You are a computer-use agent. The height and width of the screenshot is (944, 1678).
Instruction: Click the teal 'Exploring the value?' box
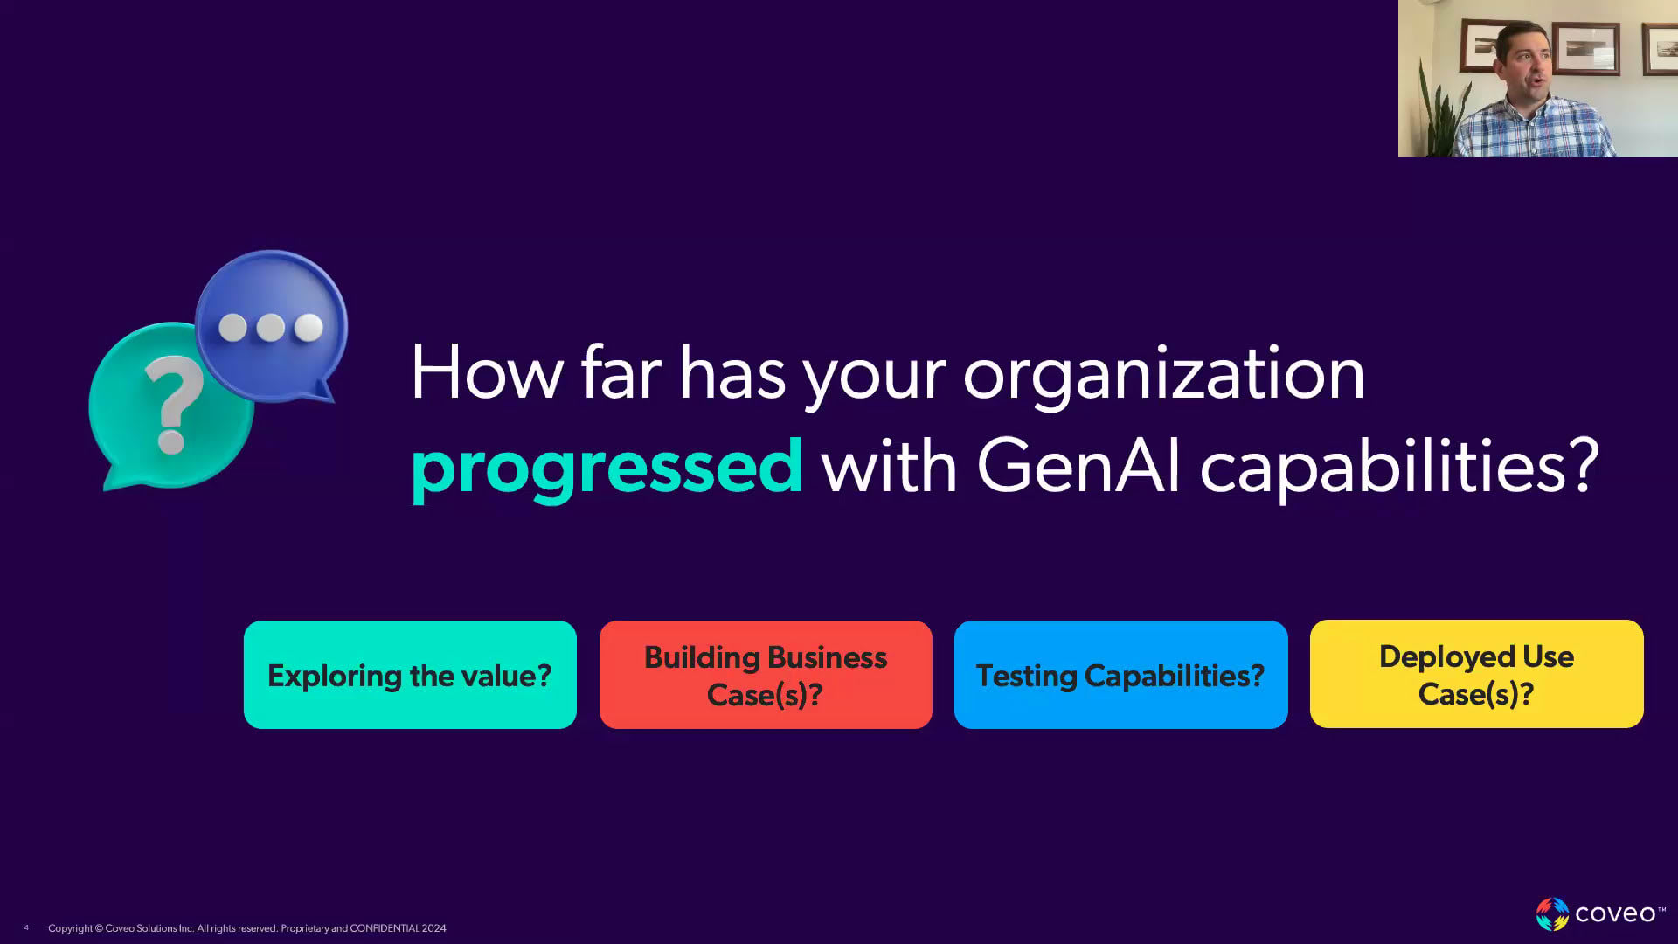(x=410, y=675)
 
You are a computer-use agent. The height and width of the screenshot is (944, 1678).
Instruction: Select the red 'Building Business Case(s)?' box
(x=766, y=675)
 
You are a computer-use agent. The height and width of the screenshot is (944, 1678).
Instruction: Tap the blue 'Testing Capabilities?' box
(x=1120, y=675)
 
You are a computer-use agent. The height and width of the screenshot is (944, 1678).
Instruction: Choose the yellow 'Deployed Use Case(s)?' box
(x=1476, y=674)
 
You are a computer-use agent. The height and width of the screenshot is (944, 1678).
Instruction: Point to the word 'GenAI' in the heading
(x=1078, y=465)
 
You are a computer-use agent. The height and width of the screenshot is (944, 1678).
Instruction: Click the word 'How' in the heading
(x=487, y=372)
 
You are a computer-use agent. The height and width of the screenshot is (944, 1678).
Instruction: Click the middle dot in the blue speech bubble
(x=270, y=328)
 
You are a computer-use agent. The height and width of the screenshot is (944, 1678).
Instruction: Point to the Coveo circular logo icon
(x=1552, y=914)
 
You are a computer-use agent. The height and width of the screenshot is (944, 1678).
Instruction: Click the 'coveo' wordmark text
(x=1615, y=914)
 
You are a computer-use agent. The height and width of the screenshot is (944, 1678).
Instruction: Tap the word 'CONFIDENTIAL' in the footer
(x=385, y=928)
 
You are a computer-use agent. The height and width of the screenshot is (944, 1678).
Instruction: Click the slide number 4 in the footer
(x=26, y=928)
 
